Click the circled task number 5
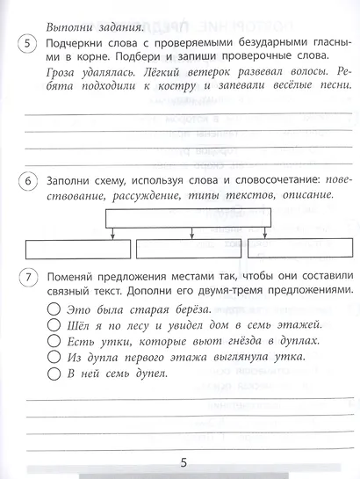point(29,47)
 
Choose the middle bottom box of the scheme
point(180,248)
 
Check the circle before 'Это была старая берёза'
point(54,309)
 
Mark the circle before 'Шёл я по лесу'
point(54,325)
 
